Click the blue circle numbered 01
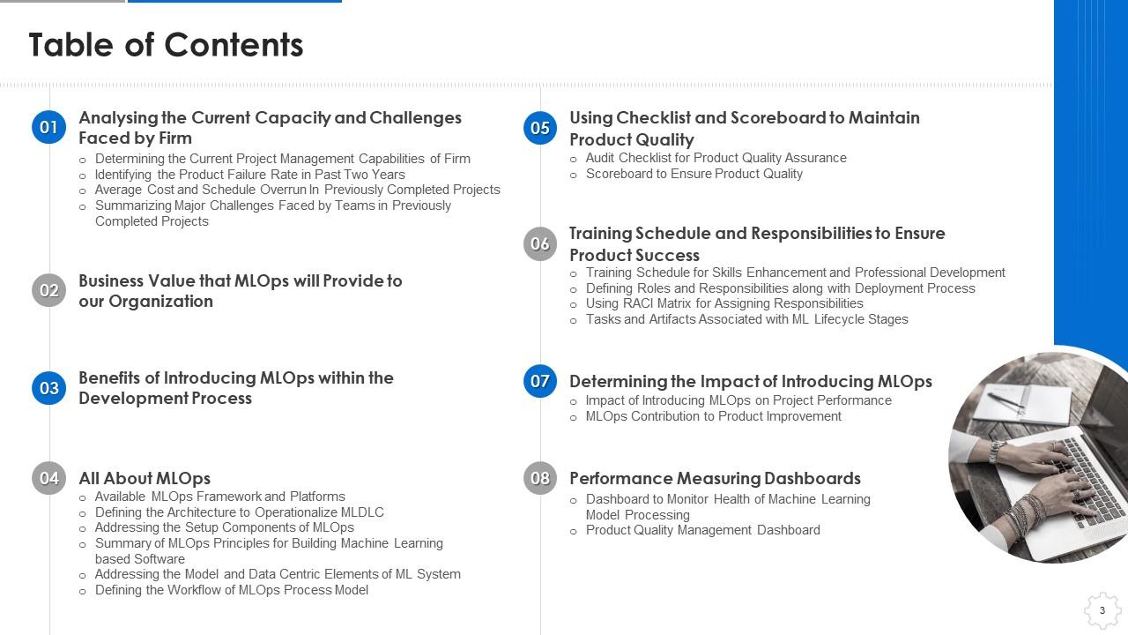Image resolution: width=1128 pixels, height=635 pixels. pyautogui.click(x=48, y=127)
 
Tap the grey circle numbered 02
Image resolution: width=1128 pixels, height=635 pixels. pyautogui.click(x=48, y=290)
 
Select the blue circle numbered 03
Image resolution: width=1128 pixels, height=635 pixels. pyautogui.click(x=48, y=388)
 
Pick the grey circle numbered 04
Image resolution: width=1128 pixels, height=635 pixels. pyautogui.click(x=48, y=478)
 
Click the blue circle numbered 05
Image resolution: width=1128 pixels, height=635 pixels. pyautogui.click(x=540, y=128)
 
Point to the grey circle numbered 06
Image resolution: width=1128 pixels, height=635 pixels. pyautogui.click(x=540, y=244)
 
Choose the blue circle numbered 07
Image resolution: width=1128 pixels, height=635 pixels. pyautogui.click(x=540, y=381)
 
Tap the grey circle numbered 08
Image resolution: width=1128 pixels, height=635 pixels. pyautogui.click(x=540, y=478)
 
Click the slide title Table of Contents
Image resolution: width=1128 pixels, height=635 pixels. pyautogui.click(x=167, y=45)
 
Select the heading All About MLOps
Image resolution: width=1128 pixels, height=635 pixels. pyautogui.click(x=145, y=478)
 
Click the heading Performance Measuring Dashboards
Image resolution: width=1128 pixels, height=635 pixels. pyautogui.click(x=715, y=478)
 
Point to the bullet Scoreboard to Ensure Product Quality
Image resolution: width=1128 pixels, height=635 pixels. pyautogui.click(x=694, y=174)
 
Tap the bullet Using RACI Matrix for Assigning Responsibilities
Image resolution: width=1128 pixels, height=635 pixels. pyautogui.click(x=724, y=303)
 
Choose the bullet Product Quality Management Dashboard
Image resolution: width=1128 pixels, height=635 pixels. pyautogui.click(x=703, y=530)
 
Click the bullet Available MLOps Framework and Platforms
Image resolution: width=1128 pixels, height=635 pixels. pyautogui.click(x=220, y=497)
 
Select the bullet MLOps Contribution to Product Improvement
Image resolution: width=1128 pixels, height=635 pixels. pyautogui.click(x=713, y=416)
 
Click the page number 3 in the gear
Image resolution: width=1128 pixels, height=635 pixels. pyautogui.click(x=1102, y=610)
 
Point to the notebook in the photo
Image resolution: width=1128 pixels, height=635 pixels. pyautogui.click(x=1022, y=403)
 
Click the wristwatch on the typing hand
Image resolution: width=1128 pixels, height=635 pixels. pyautogui.click(x=995, y=452)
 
